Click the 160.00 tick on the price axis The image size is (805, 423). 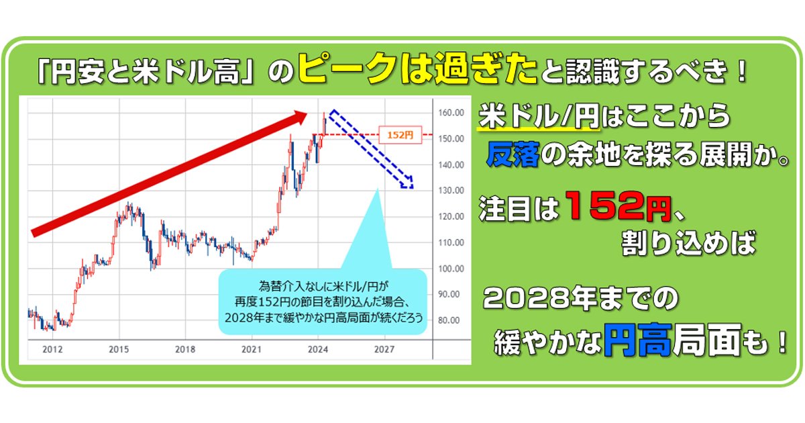[451, 113]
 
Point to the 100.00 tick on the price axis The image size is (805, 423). [451, 269]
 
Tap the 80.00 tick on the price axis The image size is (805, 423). [449, 320]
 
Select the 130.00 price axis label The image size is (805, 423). [451, 190]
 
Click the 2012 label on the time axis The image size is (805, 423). [52, 349]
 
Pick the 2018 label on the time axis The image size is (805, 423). [185, 349]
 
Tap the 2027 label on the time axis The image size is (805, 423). [384, 349]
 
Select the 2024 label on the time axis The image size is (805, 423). [318, 349]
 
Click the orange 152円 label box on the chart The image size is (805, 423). [400, 135]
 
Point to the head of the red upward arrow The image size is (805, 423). [307, 113]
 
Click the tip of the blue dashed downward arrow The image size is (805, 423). [413, 188]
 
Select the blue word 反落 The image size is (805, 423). [513, 154]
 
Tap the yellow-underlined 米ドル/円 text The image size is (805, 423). [539, 115]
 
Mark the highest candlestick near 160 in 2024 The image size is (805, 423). [324, 113]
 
